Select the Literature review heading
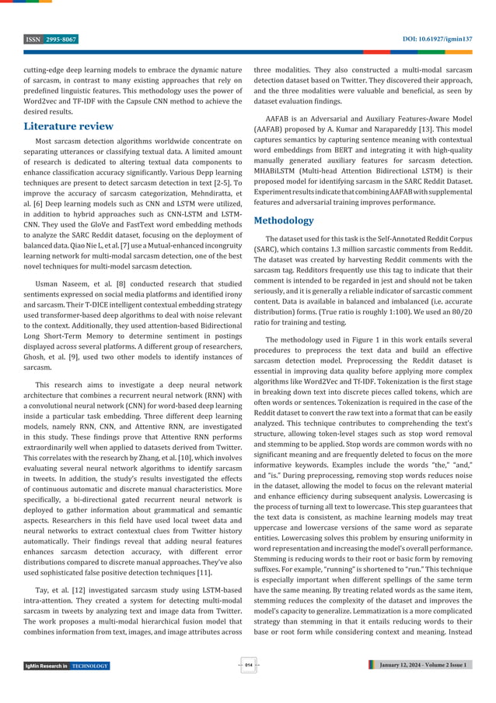point(68,126)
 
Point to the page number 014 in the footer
point(248,665)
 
